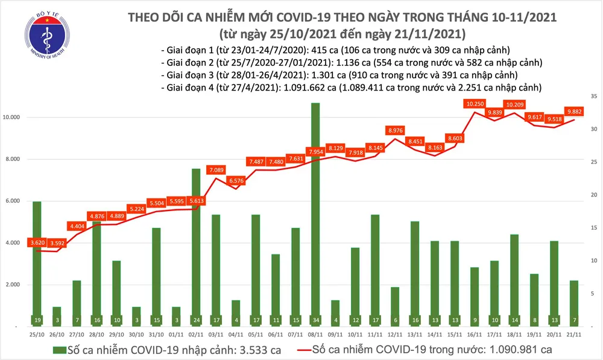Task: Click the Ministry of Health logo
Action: pyautogui.click(x=45, y=36)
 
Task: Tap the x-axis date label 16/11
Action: pyautogui.click(x=475, y=333)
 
